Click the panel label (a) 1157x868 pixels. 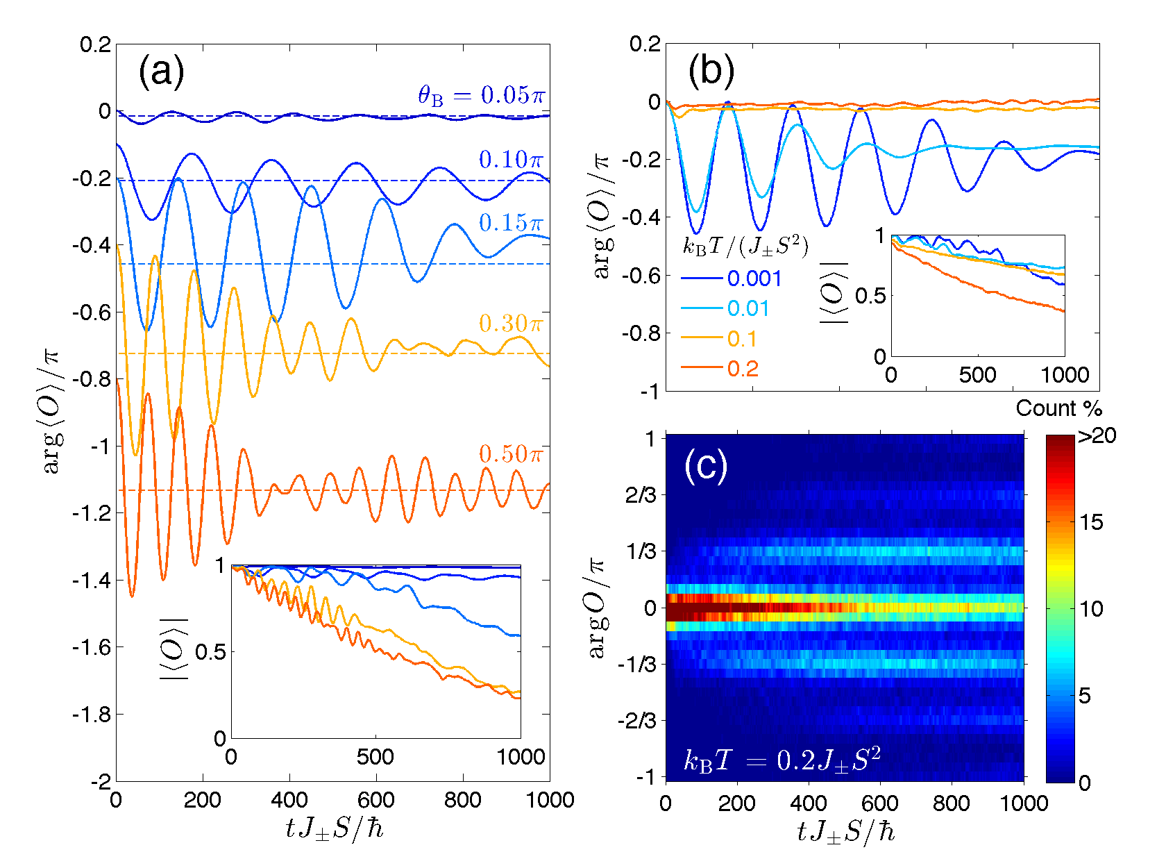click(x=161, y=72)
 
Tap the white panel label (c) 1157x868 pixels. click(x=705, y=466)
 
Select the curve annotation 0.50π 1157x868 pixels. click(x=511, y=454)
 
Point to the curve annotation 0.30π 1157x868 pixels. click(x=511, y=324)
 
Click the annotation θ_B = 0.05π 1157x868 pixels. click(x=481, y=95)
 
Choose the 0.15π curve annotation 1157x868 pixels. click(x=511, y=223)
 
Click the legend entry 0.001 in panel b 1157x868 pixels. click(x=754, y=279)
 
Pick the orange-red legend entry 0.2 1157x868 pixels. click(x=743, y=369)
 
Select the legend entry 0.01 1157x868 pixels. click(x=748, y=309)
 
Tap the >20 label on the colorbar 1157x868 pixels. click(x=1097, y=436)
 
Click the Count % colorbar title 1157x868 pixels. click(x=1058, y=408)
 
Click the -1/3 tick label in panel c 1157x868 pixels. click(x=637, y=665)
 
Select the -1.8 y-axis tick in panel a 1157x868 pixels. click(x=92, y=715)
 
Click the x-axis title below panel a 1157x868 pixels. click(x=334, y=828)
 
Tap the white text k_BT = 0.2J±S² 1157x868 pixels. click(x=782, y=761)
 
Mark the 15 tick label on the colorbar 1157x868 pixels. click(x=1091, y=523)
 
